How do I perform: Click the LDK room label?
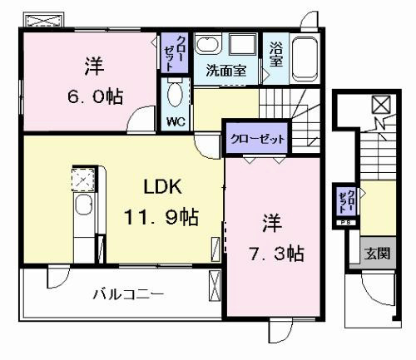(x=163, y=187)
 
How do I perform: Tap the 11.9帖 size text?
(x=161, y=217)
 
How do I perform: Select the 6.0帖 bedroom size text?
(x=95, y=96)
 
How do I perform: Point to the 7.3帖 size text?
(x=276, y=254)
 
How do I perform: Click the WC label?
(x=176, y=121)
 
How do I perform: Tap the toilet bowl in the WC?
(x=175, y=94)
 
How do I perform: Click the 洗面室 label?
(x=226, y=71)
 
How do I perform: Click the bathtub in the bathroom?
(x=305, y=59)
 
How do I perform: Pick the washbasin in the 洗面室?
(x=206, y=44)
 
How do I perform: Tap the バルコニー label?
(x=128, y=294)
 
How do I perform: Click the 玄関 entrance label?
(x=377, y=254)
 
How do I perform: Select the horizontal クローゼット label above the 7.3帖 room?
(x=257, y=139)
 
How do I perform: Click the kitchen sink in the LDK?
(x=84, y=205)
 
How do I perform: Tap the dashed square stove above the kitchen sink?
(x=83, y=180)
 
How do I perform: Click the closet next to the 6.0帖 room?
(x=175, y=52)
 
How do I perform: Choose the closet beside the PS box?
(x=346, y=201)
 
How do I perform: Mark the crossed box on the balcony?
(x=215, y=286)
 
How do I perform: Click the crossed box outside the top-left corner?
(x=44, y=20)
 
